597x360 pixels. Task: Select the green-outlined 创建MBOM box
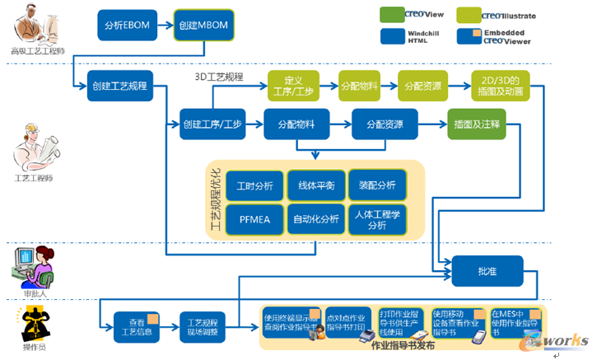click(203, 26)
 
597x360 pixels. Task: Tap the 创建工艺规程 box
click(119, 86)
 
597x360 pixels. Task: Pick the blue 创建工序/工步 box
click(212, 124)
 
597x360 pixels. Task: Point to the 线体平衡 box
click(315, 185)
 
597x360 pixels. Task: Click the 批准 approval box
click(488, 269)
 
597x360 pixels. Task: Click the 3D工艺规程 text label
click(218, 77)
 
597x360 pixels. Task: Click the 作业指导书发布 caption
click(403, 346)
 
